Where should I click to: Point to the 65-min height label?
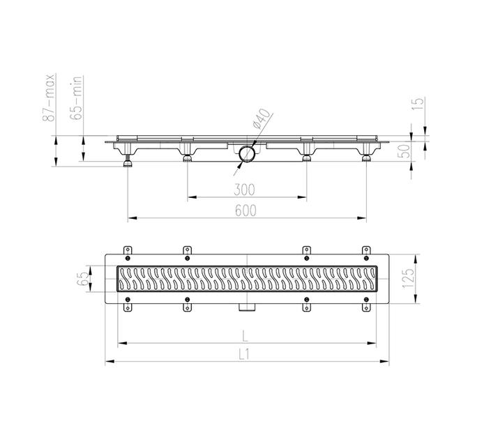pyautogui.click(x=78, y=97)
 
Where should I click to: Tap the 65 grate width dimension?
pyautogui.click(x=83, y=279)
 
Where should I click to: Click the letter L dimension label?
pyautogui.click(x=246, y=334)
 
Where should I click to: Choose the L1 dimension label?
pyautogui.click(x=245, y=354)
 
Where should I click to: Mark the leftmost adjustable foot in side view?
pyautogui.click(x=128, y=162)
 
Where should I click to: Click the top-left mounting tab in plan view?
pyautogui.click(x=127, y=251)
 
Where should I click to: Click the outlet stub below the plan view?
pyautogui.click(x=246, y=307)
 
